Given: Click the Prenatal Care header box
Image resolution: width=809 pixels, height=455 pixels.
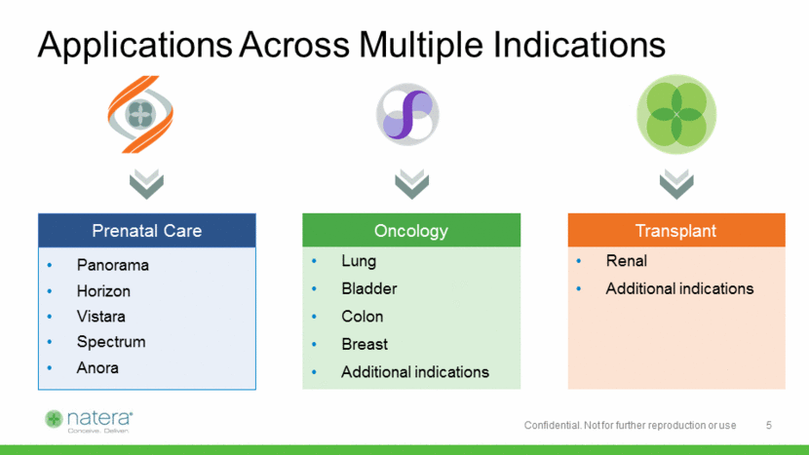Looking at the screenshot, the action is coord(147,230).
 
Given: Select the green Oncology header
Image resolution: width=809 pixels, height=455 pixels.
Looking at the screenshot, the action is coord(411,230).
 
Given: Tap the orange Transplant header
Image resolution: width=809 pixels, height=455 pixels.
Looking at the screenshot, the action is coord(676,230).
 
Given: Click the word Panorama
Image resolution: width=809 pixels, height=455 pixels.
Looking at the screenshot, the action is coord(112,265).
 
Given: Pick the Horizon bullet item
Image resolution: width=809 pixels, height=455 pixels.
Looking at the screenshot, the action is coord(103,291).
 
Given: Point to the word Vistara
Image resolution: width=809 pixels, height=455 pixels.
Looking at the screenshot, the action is coord(100,317).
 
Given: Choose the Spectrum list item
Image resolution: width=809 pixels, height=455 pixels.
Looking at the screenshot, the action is coord(111,342).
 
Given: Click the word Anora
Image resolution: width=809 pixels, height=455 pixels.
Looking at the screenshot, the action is coord(97,368).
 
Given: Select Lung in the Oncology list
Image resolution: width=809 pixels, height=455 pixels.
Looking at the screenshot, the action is coord(359,261).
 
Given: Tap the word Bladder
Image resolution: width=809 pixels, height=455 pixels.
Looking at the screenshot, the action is coord(368,288).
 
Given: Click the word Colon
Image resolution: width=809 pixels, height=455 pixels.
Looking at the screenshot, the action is coord(363,317).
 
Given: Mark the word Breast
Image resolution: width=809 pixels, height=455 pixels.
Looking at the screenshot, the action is coord(365,344).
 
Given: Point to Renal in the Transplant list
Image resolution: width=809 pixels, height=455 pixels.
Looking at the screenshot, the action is coord(627,260).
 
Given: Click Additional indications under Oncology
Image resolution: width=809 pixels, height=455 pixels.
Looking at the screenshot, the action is coord(415,372).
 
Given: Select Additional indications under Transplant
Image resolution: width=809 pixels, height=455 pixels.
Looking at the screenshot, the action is coord(679,288).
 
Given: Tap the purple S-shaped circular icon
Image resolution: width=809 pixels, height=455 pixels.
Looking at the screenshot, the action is coord(407,115).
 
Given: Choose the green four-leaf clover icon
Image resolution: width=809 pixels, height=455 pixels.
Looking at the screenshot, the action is coord(676,115).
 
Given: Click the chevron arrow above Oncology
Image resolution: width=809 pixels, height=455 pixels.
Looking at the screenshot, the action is coord(411,183).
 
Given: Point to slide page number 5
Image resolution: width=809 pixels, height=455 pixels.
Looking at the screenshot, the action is coord(769,425).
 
